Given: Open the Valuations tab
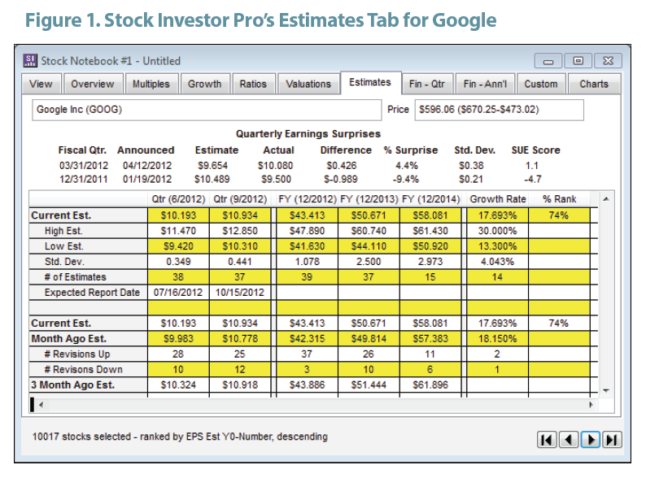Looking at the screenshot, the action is pyautogui.click(x=308, y=84).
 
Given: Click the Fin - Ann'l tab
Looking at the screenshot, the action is pyautogui.click(x=485, y=84).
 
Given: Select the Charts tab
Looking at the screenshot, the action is pyautogui.click(x=594, y=84).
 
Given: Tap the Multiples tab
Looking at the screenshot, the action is pyautogui.click(x=151, y=84).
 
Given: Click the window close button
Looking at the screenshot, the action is pyautogui.click(x=608, y=61).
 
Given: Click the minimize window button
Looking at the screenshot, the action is pyautogui.click(x=548, y=61).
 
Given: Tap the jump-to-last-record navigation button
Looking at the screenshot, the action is pyautogui.click(x=612, y=440).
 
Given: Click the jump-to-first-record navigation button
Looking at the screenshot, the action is pyautogui.click(x=547, y=440).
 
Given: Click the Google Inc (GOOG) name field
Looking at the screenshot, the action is pyautogui.click(x=207, y=110).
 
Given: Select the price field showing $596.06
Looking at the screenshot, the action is pyautogui.click(x=499, y=110).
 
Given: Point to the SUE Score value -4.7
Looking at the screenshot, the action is pyautogui.click(x=533, y=180).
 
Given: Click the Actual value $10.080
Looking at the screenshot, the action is pyautogui.click(x=275, y=166).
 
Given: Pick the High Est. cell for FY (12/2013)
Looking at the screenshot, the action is pyautogui.click(x=369, y=231).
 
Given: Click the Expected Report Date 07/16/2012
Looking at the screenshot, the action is pyautogui.click(x=178, y=293).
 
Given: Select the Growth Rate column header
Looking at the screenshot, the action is pyautogui.click(x=498, y=199).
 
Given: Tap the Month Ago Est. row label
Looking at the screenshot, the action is pyautogui.click(x=69, y=339).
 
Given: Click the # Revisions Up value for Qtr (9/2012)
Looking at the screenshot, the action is pyautogui.click(x=240, y=354).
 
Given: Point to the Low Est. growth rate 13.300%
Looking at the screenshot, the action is pyautogui.click(x=497, y=246).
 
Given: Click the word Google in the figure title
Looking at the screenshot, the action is pyautogui.click(x=465, y=20).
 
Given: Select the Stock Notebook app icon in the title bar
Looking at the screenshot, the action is pyautogui.click(x=29, y=60).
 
